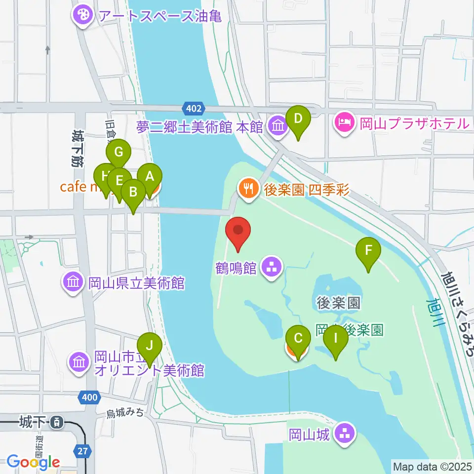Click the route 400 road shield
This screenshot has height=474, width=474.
click(88, 396)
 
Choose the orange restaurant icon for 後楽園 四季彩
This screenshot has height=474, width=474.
click(246, 188)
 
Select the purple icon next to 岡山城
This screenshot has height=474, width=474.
click(345, 435)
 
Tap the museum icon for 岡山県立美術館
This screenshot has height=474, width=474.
click(73, 283)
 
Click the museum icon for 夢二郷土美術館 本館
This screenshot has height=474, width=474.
click(278, 127)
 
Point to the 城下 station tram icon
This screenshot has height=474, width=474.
click(58, 422)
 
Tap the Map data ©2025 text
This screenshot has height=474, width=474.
click(432, 466)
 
